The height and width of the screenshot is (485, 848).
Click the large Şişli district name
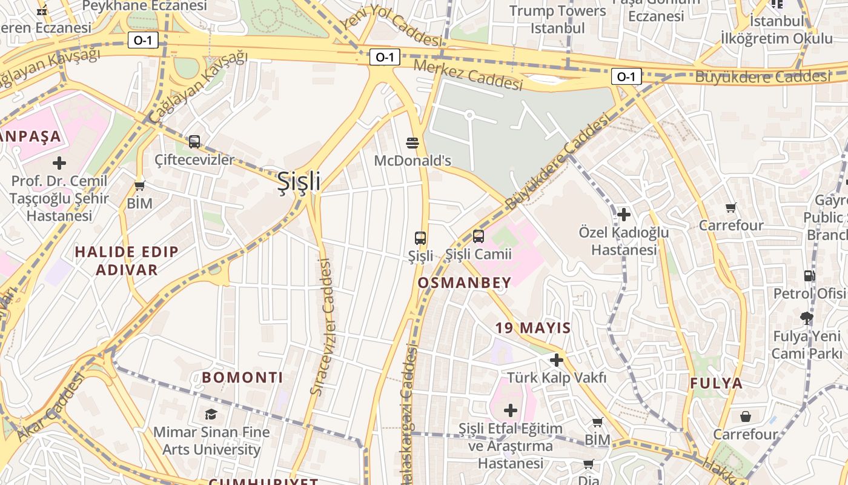coord(299,181)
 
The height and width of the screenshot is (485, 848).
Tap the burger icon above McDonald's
coord(413,143)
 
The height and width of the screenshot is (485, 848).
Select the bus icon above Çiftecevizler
coord(194,142)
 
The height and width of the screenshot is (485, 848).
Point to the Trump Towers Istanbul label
coord(557,19)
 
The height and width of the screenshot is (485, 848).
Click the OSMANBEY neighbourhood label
coord(465,282)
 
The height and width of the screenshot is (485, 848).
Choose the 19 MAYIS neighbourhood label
coord(533,328)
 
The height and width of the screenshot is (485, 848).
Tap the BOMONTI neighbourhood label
coord(242,377)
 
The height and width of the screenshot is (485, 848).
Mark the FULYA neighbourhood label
coord(717,383)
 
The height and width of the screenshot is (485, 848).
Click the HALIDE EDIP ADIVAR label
coord(127,261)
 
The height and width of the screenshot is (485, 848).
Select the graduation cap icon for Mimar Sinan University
coord(211,414)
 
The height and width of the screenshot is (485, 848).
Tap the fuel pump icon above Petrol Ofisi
coord(809,276)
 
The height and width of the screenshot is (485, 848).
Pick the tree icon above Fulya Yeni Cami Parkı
coord(806,318)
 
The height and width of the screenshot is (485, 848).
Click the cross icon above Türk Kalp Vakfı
coord(556,361)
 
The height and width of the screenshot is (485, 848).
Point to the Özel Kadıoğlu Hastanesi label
coord(624,241)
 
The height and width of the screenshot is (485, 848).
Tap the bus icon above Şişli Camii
coord(479,236)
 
